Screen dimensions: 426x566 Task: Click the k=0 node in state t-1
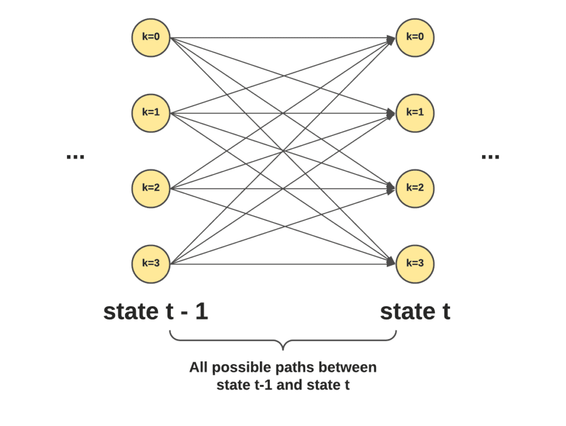[150, 38]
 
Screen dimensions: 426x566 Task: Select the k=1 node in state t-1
[150, 113]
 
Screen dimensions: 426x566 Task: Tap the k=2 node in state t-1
[150, 188]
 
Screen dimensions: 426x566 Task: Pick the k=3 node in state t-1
[150, 264]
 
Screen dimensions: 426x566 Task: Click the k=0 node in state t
[415, 38]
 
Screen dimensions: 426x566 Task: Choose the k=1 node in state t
[415, 113]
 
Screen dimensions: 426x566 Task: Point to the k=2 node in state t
[415, 188]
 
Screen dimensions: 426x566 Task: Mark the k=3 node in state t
[415, 264]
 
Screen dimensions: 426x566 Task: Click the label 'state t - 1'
[155, 312]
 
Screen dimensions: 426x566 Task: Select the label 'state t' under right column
[415, 312]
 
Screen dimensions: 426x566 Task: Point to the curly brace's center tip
[283, 349]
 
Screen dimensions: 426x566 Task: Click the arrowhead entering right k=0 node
[391, 39]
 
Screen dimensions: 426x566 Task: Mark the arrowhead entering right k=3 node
[391, 262]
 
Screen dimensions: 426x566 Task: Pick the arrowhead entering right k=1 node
[391, 114]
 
